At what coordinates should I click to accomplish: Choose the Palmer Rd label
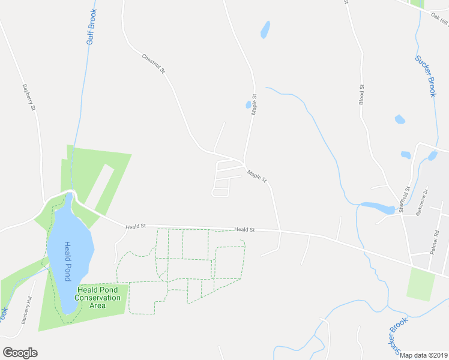(x=436, y=244)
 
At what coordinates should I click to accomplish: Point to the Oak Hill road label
(x=440, y=20)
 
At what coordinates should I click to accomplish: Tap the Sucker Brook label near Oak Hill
(x=426, y=76)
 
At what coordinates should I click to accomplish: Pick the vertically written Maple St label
(x=255, y=104)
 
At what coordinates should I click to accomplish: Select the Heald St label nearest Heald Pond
(x=136, y=227)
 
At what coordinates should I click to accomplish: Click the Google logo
(x=20, y=352)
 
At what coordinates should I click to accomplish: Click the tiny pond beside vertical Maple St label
(x=248, y=105)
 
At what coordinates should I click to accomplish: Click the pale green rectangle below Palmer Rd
(x=420, y=284)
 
